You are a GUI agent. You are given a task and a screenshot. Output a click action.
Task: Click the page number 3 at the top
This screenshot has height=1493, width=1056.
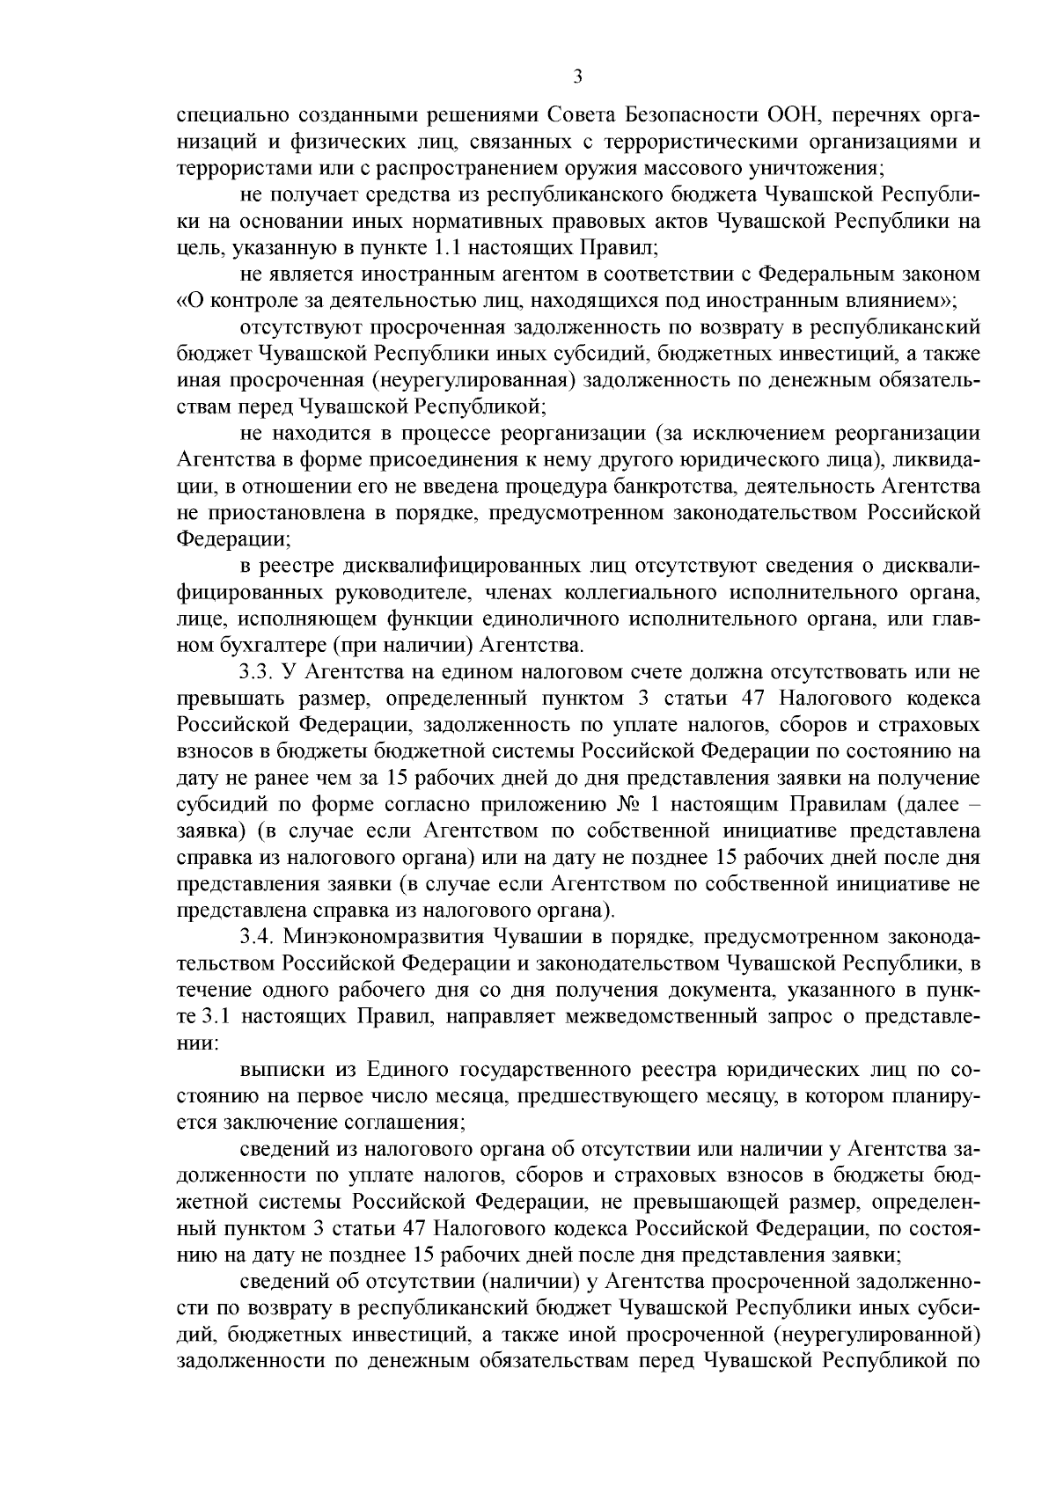(577, 77)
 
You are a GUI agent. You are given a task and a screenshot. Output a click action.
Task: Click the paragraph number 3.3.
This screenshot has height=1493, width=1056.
(257, 673)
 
